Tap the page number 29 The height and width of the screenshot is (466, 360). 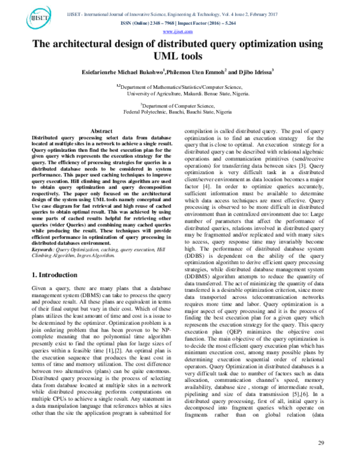click(321, 443)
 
